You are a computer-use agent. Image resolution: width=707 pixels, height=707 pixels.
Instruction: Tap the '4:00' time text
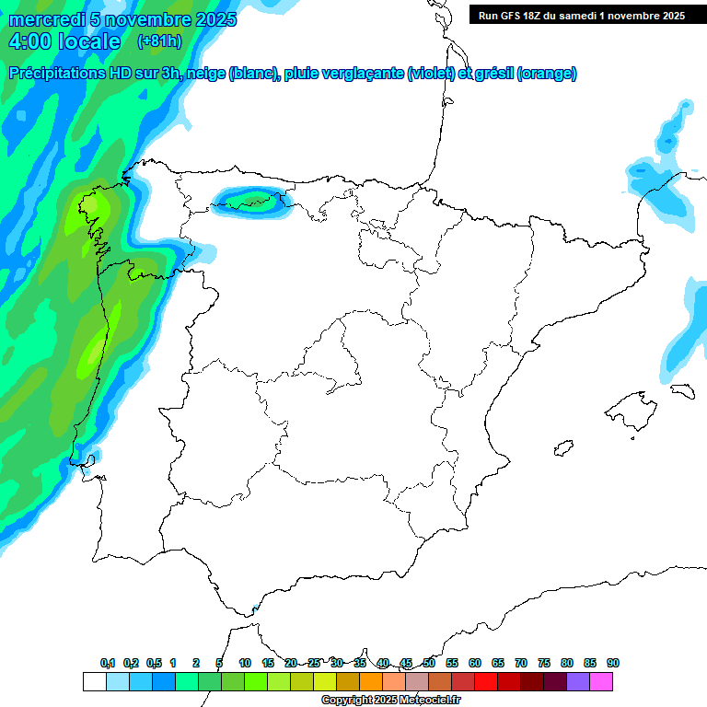(x=31, y=41)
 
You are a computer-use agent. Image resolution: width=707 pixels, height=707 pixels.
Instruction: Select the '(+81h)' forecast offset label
(x=159, y=41)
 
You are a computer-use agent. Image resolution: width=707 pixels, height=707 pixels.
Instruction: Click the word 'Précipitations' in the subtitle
(x=56, y=74)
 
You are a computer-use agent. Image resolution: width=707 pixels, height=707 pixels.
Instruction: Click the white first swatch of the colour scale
(x=94, y=681)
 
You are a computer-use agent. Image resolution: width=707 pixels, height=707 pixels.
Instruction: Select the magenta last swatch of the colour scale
(x=601, y=681)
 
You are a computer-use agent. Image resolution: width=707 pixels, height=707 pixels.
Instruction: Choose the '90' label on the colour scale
(x=613, y=663)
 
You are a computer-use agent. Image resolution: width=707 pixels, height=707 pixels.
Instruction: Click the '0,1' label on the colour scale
(x=108, y=663)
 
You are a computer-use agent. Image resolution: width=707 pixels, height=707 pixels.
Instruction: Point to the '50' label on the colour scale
(x=429, y=663)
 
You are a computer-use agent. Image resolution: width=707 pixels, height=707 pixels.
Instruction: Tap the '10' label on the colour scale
(x=245, y=663)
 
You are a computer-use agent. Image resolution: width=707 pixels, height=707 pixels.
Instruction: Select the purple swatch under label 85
(x=578, y=681)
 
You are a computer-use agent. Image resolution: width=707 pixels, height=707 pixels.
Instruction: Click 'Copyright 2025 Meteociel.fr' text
(x=391, y=701)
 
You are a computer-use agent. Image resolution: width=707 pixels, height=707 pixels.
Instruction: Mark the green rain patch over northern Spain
(x=250, y=200)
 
